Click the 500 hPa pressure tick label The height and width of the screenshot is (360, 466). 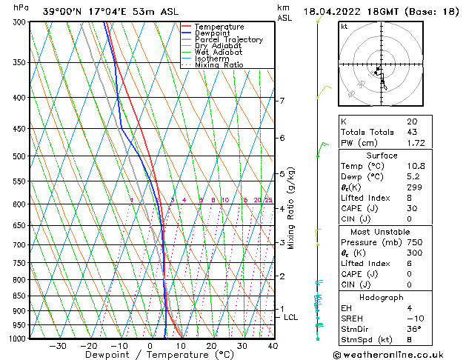(19, 156)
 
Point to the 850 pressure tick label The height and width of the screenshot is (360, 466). (19, 296)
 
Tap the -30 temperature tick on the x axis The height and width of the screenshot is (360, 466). (58, 346)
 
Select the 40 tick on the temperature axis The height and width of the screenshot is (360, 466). (273, 346)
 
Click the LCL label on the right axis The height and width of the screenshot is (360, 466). (291, 317)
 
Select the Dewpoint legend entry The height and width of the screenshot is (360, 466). (214, 33)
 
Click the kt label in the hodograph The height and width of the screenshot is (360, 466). (344, 27)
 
